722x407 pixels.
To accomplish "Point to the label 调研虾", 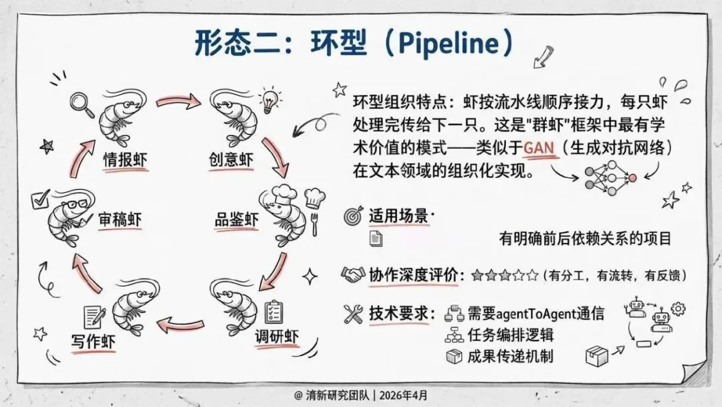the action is (276, 335).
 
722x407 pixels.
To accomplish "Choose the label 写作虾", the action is (94, 339).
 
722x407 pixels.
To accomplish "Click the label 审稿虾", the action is (120, 219).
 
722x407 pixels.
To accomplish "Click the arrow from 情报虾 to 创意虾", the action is (178, 102).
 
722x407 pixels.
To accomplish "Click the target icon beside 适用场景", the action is (352, 216).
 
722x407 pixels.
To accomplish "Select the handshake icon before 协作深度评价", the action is (352, 274).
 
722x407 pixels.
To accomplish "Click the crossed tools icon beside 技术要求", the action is (352, 313).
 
